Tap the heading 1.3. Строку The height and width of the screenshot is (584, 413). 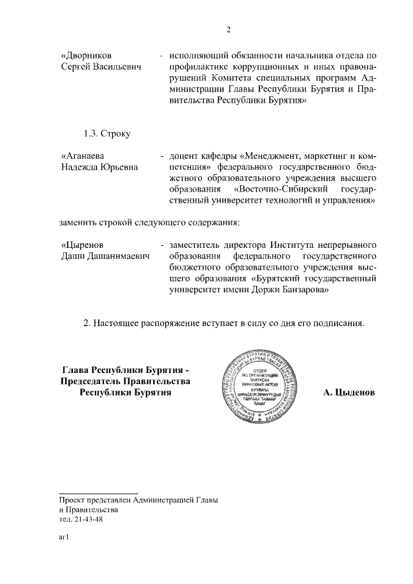pyautogui.click(x=107, y=134)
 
